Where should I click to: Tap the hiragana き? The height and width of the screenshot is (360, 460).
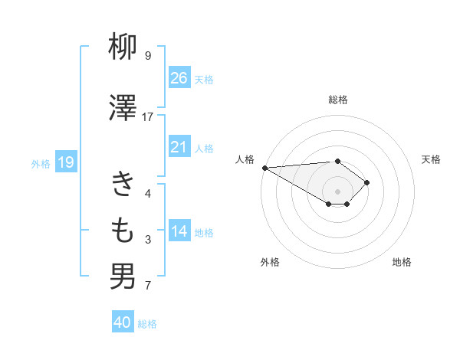(x=123, y=185)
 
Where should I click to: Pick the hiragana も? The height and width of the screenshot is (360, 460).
(x=123, y=229)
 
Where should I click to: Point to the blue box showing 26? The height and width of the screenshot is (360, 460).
(x=179, y=77)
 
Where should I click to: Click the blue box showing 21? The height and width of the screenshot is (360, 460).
(x=179, y=147)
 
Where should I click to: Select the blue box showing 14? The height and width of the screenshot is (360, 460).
(x=179, y=231)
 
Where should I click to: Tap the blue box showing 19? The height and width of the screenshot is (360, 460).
(x=65, y=162)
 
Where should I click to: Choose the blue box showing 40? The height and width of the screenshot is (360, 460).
(x=123, y=322)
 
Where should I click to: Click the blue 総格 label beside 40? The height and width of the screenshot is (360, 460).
(x=147, y=324)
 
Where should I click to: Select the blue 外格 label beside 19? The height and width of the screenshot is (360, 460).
(x=40, y=163)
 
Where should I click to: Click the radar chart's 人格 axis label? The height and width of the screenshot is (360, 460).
(x=245, y=159)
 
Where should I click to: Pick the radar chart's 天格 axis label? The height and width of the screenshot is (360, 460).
(x=431, y=159)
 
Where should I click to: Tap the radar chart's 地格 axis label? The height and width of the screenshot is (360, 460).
(x=402, y=262)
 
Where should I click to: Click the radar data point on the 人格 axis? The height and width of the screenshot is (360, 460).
(x=264, y=168)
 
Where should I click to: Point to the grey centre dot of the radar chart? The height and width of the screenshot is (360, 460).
(x=337, y=191)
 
